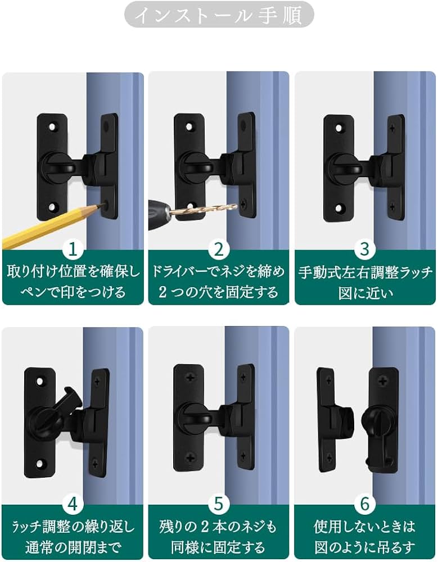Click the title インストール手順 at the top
[219, 15]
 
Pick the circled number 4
[73, 504]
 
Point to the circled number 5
[219, 504]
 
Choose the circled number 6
[365, 504]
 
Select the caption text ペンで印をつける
[73, 292]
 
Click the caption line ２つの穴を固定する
[219, 292]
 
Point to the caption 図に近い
[365, 293]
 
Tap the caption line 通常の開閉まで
[73, 546]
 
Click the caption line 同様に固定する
[219, 546]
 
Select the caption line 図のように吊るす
[365, 546]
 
